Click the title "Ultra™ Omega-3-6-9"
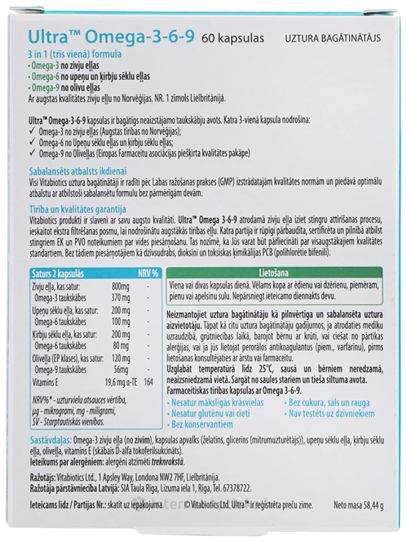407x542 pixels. click(111, 37)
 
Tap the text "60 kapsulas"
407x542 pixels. click(233, 38)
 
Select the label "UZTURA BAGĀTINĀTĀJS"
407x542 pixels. click(333, 38)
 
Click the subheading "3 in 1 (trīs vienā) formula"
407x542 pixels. click(75, 55)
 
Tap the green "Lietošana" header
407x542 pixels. click(274, 273)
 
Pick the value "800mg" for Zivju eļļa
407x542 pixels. click(120, 286)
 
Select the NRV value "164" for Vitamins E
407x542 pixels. click(149, 382)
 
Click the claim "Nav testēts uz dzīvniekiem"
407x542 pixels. click(329, 413)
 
